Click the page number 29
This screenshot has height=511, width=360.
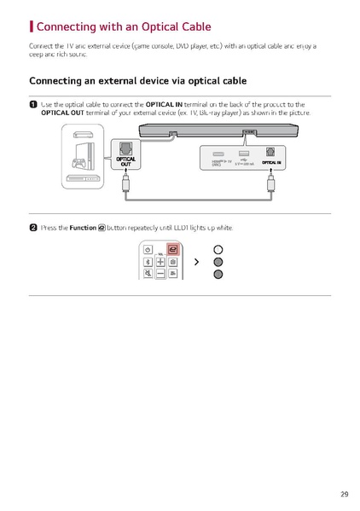[343, 494]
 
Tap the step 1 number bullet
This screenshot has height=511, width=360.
[33, 104]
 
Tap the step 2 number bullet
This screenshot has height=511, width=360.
[33, 228]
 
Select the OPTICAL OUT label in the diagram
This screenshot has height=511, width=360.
[125, 162]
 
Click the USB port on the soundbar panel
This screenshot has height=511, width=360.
[244, 152]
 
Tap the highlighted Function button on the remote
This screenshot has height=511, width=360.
[172, 249]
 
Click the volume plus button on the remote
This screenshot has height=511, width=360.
[160, 262]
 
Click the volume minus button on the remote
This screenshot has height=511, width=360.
[160, 275]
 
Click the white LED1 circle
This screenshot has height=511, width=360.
[218, 249]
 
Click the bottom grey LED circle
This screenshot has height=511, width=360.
[218, 274]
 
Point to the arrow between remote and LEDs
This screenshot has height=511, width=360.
[196, 262]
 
